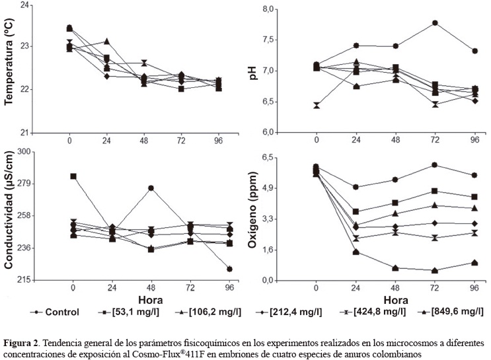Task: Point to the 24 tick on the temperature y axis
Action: pyautogui.click(x=26, y=5)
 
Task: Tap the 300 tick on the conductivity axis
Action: pyautogui.click(x=24, y=152)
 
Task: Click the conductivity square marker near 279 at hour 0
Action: pyautogui.click(x=73, y=176)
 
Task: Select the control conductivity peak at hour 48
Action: pyautogui.click(x=151, y=188)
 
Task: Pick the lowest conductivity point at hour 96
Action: pyautogui.click(x=229, y=269)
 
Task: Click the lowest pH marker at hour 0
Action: pyautogui.click(x=317, y=106)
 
